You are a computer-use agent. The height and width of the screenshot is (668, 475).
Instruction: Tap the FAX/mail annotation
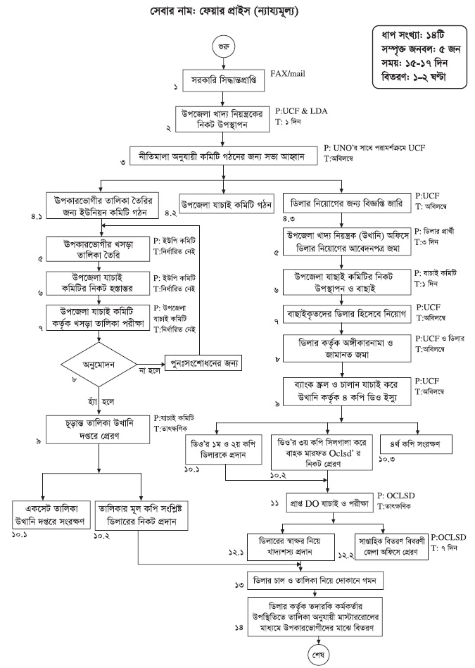(290, 73)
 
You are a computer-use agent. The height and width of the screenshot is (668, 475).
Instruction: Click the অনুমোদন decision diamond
(103, 364)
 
